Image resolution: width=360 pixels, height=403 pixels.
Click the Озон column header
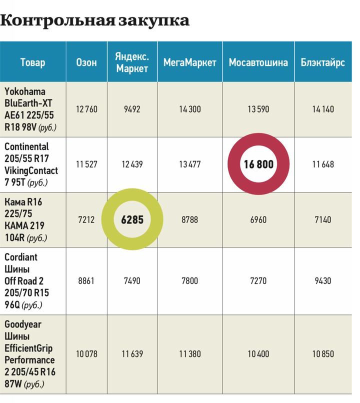click(86, 62)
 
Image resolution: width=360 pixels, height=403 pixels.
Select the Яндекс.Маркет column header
click(132, 62)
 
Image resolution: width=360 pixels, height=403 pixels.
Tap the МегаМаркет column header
click(189, 62)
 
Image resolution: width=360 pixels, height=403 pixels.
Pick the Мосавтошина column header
click(258, 62)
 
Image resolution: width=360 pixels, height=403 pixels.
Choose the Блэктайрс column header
click(322, 62)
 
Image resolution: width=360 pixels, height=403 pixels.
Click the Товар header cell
click(32, 62)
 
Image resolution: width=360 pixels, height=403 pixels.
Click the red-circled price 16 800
click(258, 164)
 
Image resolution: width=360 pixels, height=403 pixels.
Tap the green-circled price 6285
click(132, 219)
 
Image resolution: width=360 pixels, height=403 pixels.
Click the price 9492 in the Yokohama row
click(132, 109)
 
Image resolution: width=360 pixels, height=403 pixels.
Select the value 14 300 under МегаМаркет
click(189, 109)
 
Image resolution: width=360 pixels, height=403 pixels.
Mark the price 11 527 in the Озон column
click(86, 164)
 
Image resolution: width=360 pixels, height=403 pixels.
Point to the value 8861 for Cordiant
click(86, 281)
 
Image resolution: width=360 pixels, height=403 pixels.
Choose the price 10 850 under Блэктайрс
click(322, 353)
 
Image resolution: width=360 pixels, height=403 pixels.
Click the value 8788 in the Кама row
click(189, 219)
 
